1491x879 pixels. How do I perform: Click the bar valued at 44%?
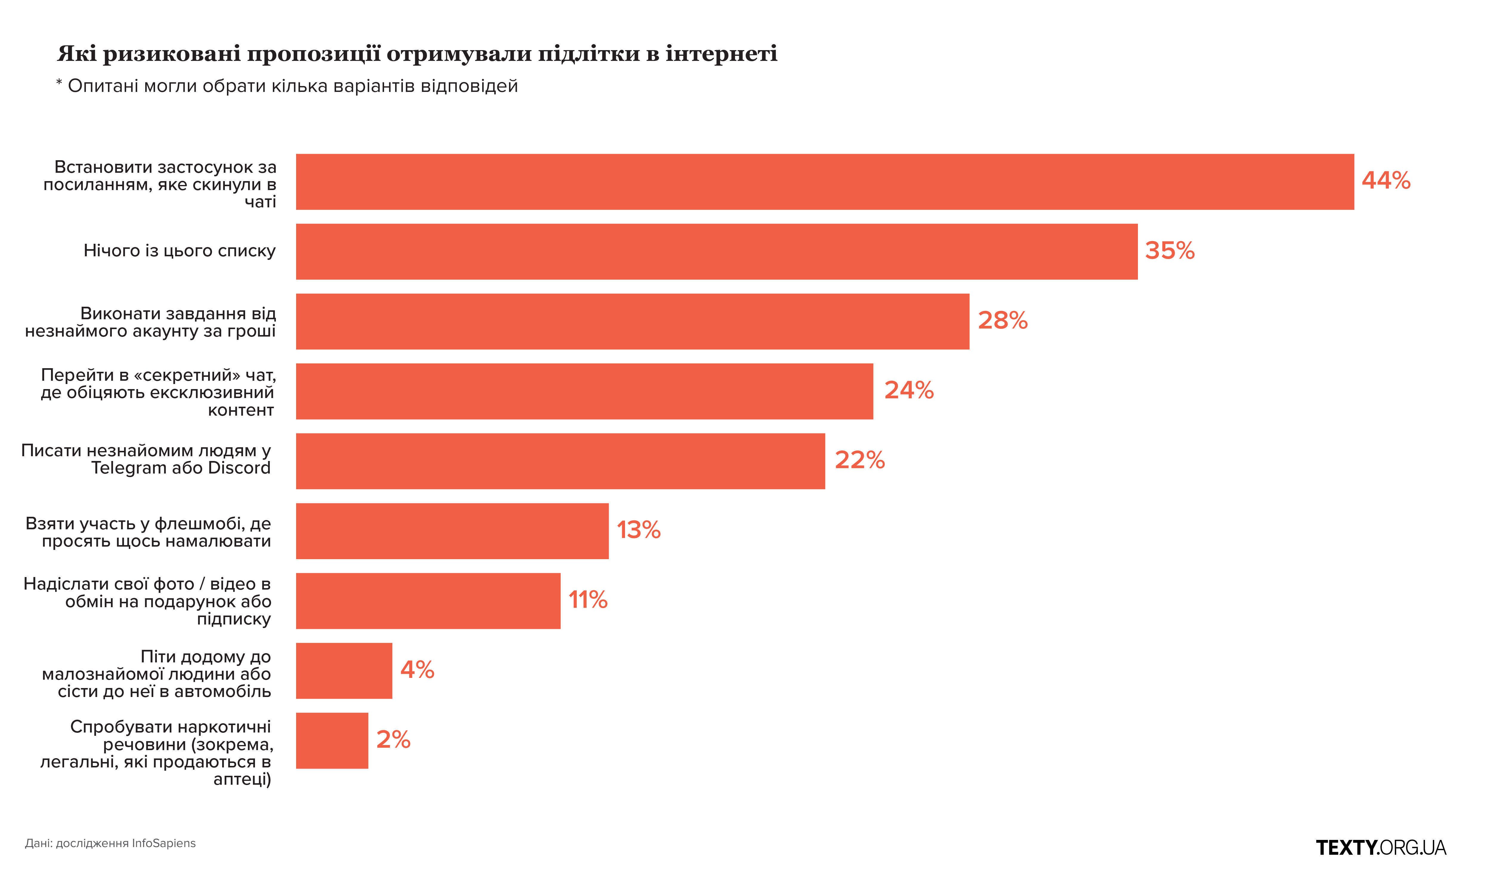825,182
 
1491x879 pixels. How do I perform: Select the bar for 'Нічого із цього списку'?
716,252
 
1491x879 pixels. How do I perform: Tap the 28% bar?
632,322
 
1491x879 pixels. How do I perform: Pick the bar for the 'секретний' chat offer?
584,391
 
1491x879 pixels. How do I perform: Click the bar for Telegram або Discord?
560,461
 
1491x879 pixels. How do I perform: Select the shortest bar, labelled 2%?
332,741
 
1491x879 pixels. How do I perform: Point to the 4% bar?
344,671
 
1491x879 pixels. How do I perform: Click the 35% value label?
1170,251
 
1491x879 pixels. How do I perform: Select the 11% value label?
588,601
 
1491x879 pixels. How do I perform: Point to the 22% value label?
859,461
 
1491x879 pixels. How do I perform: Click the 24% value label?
909,391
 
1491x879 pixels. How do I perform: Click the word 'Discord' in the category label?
239,468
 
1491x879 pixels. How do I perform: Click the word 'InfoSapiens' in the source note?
164,843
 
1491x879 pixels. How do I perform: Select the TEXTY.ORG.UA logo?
1381,848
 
